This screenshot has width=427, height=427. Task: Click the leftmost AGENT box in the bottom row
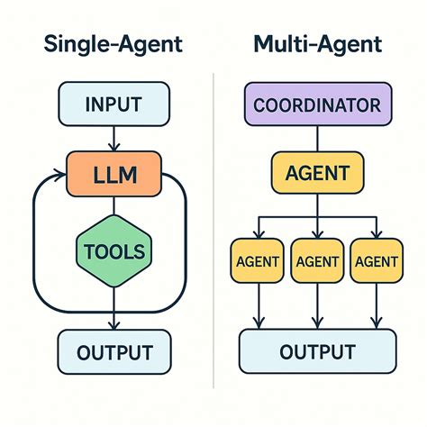(258, 262)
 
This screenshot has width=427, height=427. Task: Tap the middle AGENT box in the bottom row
(316, 262)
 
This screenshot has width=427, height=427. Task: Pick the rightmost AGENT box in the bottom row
(377, 262)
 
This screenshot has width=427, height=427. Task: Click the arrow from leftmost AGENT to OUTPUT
(258, 306)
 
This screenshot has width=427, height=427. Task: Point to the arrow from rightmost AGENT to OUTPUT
(377, 306)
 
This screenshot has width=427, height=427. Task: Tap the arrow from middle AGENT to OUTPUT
(316, 306)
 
